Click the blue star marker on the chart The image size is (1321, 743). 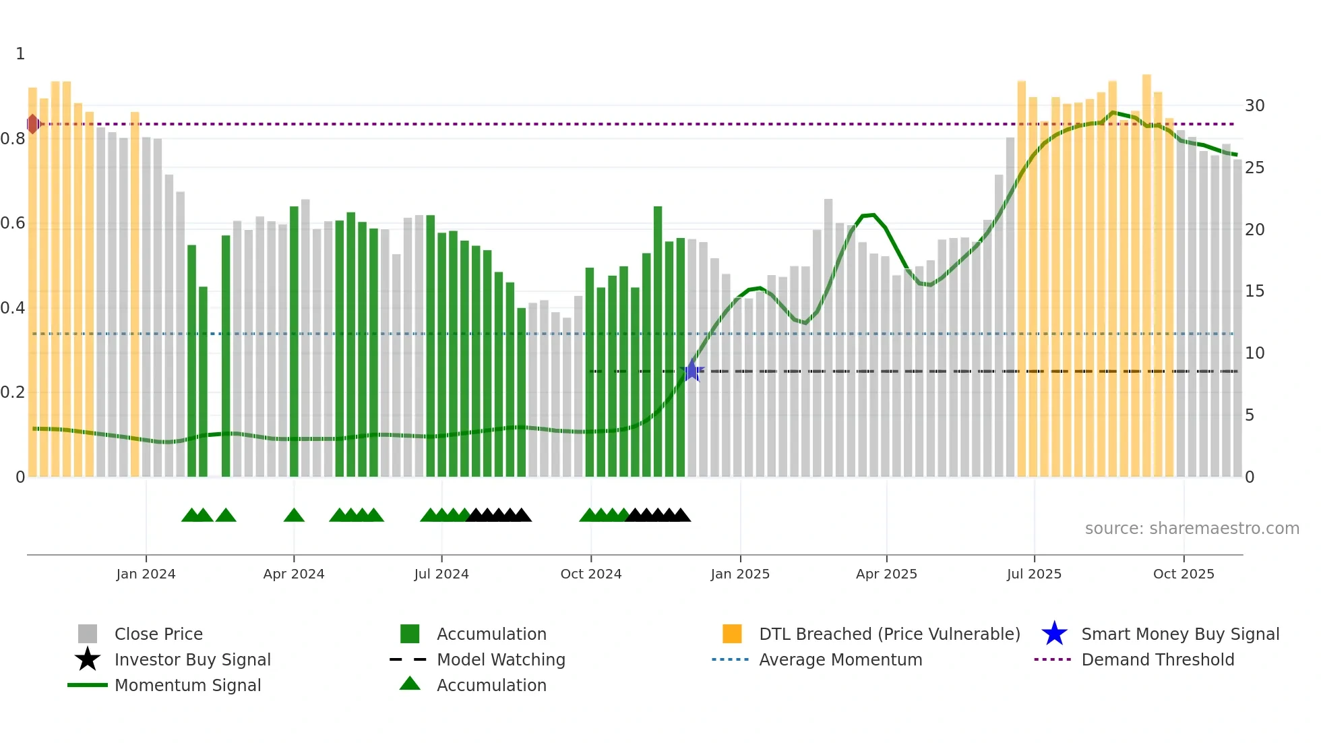692,371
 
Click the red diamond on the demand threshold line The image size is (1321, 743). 32,124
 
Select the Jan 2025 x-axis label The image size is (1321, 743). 739,574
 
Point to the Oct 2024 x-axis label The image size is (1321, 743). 590,574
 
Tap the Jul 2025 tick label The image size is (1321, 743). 1034,574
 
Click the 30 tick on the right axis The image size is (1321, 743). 1254,106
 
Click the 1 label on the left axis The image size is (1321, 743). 20,54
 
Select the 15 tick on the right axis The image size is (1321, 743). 1254,291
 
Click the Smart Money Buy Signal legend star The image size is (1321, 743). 1054,634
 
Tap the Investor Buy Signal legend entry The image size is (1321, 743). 192,659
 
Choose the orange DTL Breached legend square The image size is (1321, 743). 732,634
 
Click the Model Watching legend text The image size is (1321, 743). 501,659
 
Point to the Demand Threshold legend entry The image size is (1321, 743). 1157,659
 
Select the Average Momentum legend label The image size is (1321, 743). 840,659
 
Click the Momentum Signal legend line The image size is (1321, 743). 88,685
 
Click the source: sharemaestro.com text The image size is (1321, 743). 1192,529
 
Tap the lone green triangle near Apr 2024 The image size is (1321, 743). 294,516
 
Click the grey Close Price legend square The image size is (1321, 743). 88,634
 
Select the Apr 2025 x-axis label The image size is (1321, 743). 886,574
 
